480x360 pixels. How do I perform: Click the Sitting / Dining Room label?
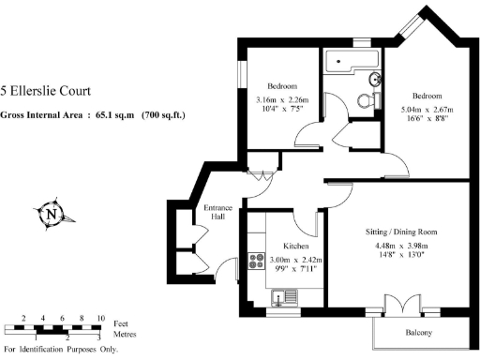[402, 232]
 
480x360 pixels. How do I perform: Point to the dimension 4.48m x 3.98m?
[401, 247]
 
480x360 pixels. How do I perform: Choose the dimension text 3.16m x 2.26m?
[282, 101]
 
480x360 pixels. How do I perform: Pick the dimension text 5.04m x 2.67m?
[427, 110]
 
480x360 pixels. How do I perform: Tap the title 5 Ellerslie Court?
[47, 91]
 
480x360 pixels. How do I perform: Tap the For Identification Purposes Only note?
[61, 351]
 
